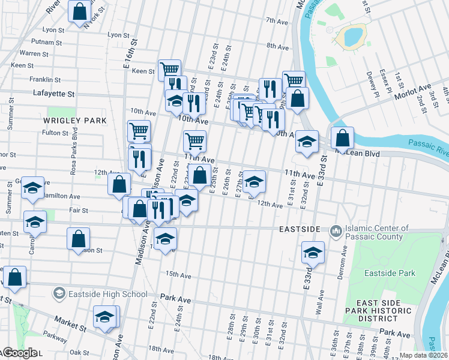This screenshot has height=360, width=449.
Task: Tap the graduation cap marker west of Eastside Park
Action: coord(313,252)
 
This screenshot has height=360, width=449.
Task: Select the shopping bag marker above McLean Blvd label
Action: coord(342,138)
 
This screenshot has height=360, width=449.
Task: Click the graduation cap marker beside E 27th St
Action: coord(254,181)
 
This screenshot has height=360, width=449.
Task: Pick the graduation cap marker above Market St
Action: coord(105,316)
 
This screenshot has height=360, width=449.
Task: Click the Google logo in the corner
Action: coord(20,353)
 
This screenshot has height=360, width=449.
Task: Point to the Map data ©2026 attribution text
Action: coord(424,355)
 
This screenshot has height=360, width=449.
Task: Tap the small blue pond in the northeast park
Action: coord(352,36)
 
